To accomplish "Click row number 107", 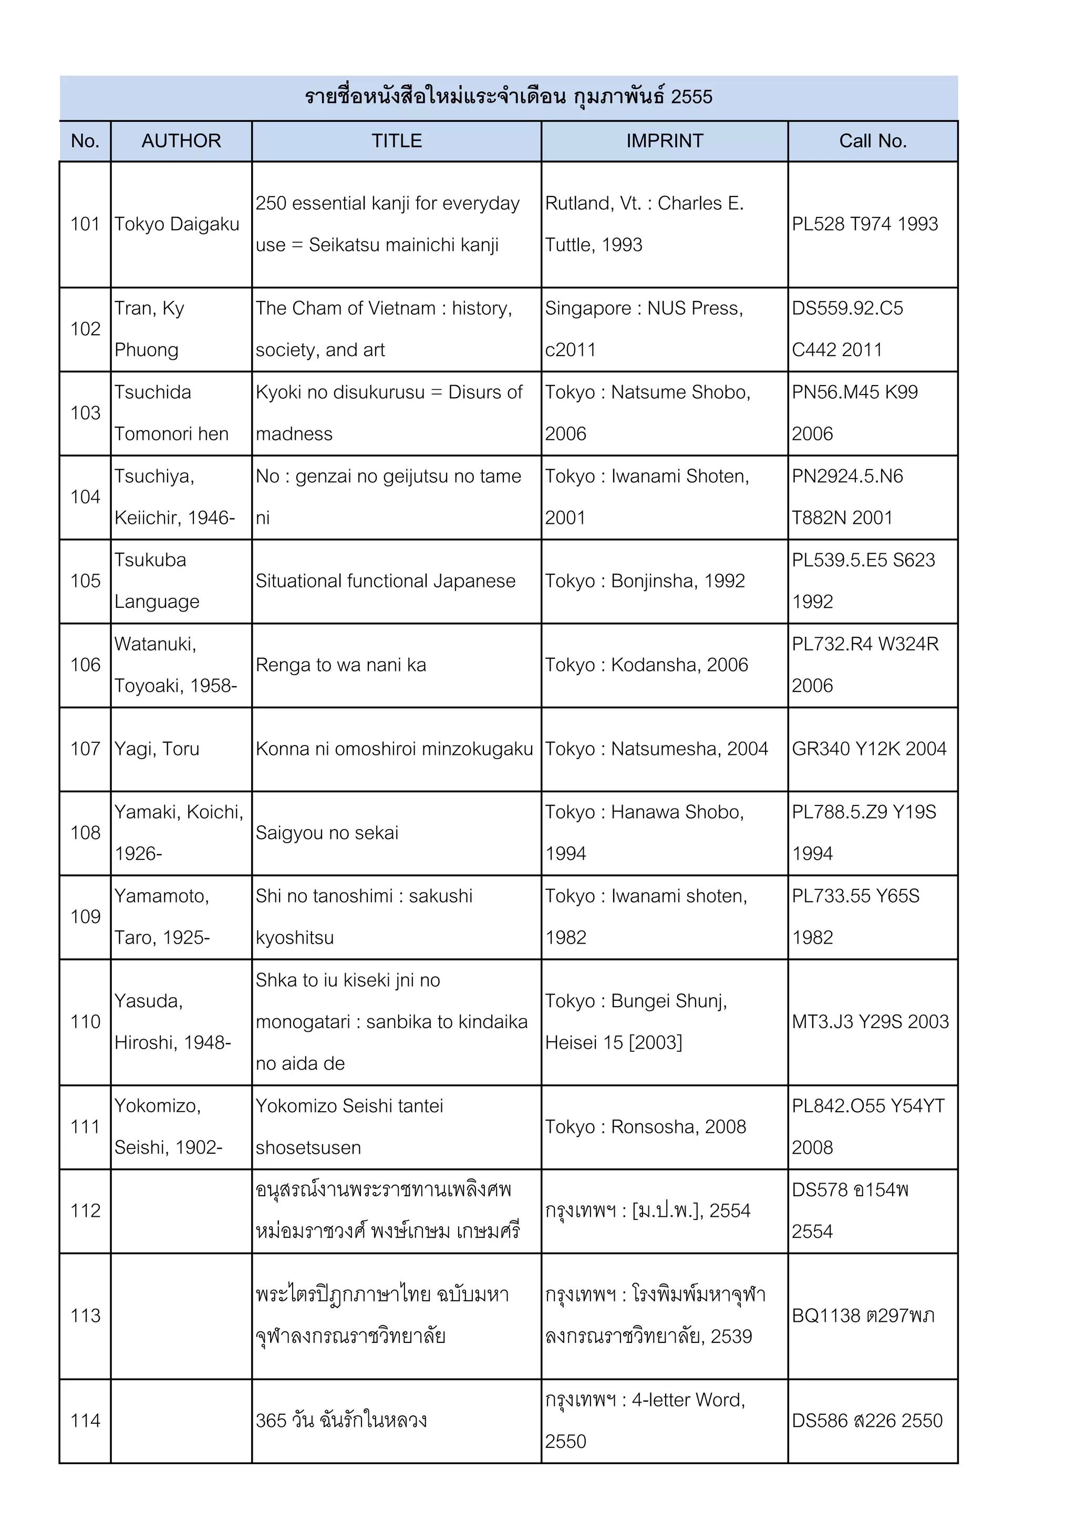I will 85,749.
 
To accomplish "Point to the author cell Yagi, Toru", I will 157,749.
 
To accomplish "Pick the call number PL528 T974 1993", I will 864,224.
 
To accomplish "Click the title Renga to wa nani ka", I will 341,665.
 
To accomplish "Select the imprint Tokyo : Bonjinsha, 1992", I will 645,581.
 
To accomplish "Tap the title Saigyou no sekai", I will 327,833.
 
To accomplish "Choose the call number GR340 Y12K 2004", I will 868,749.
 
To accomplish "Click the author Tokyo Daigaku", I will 177,224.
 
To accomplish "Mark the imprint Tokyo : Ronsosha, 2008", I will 645,1126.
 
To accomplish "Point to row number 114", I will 85,1421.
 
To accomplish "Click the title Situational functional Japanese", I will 385,581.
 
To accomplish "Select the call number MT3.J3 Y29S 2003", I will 870,1021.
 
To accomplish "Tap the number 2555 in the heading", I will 691,97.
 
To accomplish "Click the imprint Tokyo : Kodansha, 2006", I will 646,665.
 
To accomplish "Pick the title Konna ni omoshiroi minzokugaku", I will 394,749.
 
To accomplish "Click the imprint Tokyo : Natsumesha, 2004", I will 656,749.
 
